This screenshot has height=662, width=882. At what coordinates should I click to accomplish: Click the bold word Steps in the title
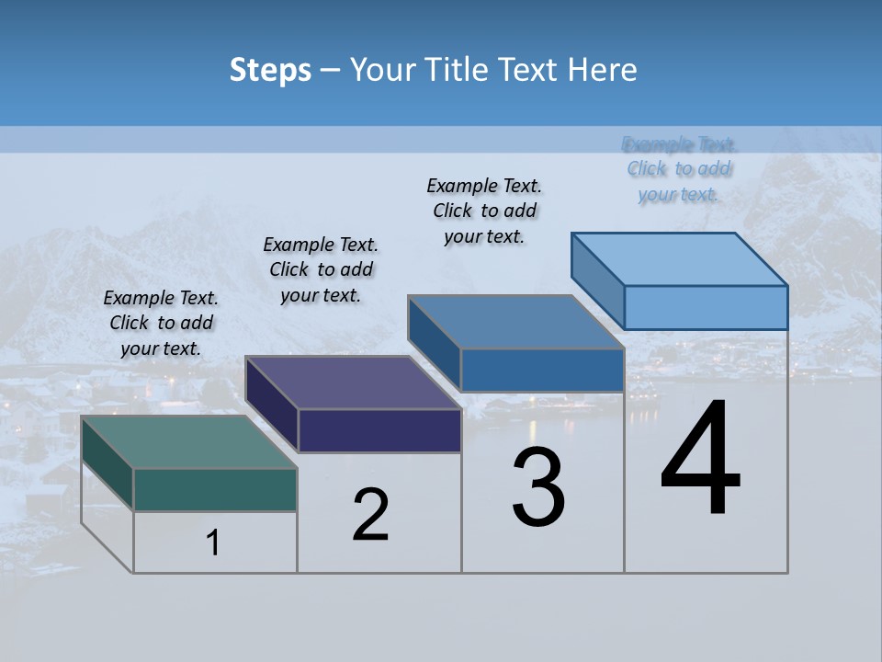[270, 70]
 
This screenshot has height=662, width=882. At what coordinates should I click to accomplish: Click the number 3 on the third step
[538, 487]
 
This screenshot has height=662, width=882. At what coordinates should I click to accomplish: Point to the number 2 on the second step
[371, 515]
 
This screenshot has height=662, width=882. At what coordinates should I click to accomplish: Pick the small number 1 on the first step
[213, 543]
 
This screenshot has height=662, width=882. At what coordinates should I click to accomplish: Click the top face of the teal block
[188, 441]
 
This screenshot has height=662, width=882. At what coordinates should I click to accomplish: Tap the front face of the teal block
[215, 489]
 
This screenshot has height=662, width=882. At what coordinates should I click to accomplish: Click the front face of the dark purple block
[379, 430]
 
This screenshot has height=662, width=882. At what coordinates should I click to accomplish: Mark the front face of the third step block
[542, 370]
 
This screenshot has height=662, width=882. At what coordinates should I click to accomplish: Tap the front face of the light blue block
[706, 307]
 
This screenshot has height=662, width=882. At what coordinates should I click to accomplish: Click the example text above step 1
[161, 323]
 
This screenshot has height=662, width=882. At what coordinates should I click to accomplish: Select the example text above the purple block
[321, 269]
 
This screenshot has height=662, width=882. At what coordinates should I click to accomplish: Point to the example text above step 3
[484, 211]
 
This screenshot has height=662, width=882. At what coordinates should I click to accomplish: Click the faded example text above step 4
[679, 169]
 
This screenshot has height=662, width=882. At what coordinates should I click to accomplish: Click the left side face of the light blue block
[597, 280]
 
